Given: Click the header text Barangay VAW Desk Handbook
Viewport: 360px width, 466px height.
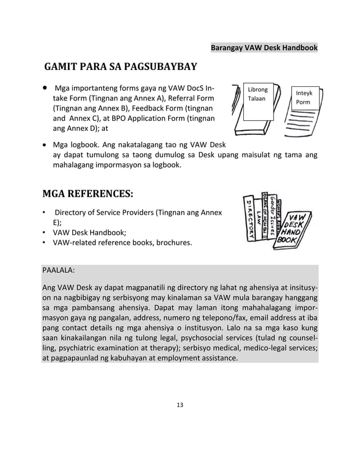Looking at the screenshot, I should [264, 49].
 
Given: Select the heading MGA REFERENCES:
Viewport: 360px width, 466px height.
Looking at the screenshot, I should [88, 195].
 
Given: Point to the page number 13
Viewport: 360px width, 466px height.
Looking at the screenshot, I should [180, 405].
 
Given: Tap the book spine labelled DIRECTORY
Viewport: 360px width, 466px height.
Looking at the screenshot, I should [249, 219].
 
